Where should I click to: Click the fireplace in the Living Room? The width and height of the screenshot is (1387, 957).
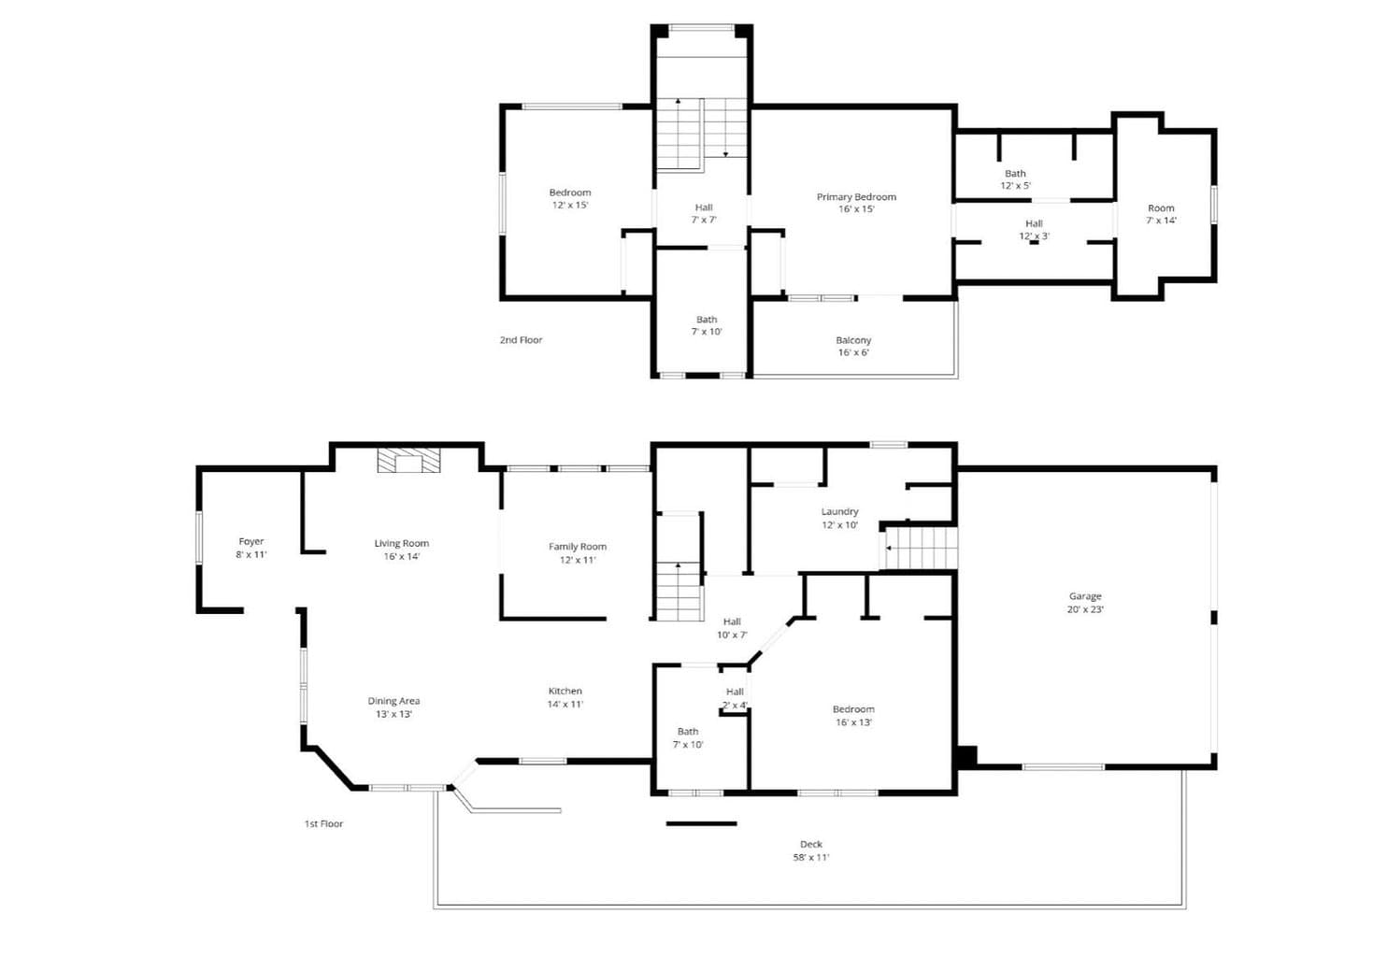click(408, 461)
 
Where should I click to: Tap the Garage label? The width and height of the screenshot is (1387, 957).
click(1085, 596)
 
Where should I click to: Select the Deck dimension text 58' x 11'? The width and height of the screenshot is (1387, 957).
click(811, 857)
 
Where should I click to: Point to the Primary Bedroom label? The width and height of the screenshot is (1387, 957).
click(856, 197)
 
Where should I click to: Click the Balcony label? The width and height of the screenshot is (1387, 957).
click(853, 340)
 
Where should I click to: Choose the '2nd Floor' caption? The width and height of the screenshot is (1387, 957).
click(521, 340)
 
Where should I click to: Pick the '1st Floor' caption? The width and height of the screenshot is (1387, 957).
click(323, 823)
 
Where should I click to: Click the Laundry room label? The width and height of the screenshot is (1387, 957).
click(839, 512)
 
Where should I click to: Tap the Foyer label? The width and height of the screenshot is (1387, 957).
click(250, 542)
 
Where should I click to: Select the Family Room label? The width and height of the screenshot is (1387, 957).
click(577, 547)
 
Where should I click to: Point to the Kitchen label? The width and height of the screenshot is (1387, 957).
click(565, 691)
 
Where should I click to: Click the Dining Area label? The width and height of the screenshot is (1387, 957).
click(393, 701)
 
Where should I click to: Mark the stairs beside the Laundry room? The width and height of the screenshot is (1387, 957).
click(919, 548)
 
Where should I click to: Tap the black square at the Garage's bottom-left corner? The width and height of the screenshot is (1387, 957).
click(966, 757)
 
